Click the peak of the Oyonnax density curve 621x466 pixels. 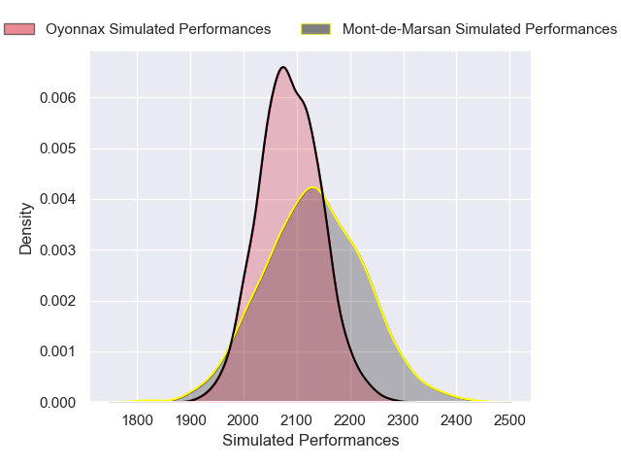[x=282, y=67]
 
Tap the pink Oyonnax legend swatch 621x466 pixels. [x=19, y=29]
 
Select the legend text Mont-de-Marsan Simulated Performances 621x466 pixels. [x=479, y=29]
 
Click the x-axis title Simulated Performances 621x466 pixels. [x=310, y=441]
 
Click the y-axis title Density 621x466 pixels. [x=26, y=234]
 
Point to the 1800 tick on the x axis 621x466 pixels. [x=137, y=420]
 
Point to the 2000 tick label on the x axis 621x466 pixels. [x=244, y=420]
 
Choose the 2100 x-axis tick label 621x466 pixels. [x=297, y=420]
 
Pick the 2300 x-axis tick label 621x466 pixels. [x=404, y=420]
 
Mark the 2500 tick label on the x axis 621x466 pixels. [x=510, y=420]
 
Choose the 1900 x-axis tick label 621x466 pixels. [x=190, y=420]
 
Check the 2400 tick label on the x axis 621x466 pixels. [x=457, y=420]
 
